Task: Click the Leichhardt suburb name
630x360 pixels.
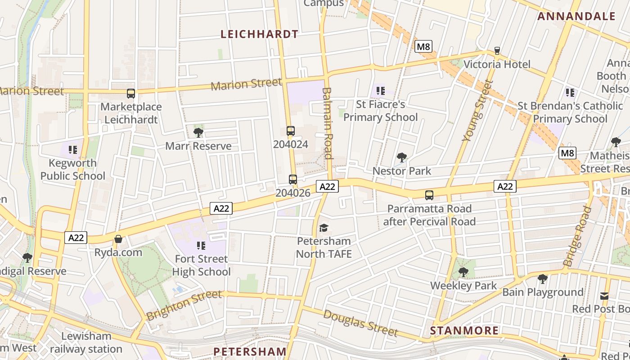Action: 259,34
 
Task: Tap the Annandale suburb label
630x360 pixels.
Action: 576,17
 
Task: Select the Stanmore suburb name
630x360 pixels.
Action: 464,331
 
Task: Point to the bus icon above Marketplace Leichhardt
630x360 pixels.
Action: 131,94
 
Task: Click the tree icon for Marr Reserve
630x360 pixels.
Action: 198,132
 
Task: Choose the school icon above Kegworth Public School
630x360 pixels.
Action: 73,149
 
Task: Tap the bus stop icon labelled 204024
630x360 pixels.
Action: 291,131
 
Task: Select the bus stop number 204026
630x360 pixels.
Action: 293,193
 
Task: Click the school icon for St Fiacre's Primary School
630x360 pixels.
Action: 381,91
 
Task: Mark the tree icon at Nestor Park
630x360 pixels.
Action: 402,157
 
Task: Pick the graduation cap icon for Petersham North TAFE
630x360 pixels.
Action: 324,228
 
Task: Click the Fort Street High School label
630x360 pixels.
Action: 201,265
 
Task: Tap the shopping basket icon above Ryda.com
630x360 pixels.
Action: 118,239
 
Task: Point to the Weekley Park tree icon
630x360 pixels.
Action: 463,272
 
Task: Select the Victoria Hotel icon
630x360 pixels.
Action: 497,51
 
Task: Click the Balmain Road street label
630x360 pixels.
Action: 327,123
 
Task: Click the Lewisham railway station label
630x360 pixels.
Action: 86,342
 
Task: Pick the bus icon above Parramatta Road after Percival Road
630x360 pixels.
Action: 429,195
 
